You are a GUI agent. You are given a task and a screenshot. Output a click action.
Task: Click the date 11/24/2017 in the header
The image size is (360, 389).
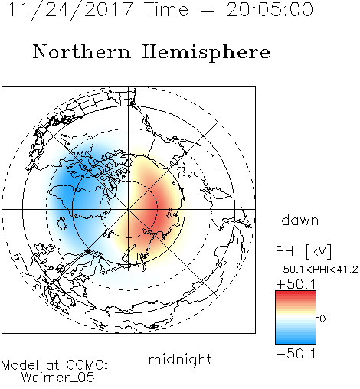[x=70, y=10]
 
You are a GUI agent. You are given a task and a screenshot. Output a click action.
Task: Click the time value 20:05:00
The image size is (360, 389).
[x=270, y=9]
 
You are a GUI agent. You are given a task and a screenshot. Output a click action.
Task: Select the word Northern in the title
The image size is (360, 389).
[x=82, y=51]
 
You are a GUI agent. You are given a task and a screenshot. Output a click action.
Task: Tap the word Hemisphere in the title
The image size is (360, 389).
[x=206, y=53]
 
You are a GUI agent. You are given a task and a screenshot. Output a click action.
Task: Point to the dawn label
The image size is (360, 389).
[x=299, y=220]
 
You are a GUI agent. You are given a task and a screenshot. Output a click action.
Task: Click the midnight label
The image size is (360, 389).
[x=180, y=359]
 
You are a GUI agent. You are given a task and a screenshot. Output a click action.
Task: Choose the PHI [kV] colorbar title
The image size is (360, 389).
[x=303, y=250]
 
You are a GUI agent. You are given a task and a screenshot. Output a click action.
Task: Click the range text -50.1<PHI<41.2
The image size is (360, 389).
[x=316, y=270]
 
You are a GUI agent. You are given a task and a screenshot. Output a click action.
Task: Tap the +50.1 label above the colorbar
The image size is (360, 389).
[x=296, y=284]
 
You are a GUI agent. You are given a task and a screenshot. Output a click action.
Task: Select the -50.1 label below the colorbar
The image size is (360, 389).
[x=296, y=354]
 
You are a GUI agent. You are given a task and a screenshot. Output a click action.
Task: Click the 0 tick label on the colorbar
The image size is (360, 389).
[x=322, y=319]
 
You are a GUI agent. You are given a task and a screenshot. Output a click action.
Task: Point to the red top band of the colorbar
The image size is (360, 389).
[x=296, y=293]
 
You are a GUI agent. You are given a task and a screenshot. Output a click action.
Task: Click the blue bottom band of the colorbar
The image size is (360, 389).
[x=296, y=341]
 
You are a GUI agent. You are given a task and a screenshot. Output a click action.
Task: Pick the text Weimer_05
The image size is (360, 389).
[x=57, y=377]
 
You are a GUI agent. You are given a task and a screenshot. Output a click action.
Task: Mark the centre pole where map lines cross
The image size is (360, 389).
[x=129, y=209]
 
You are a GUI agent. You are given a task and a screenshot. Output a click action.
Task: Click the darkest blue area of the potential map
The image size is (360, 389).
[x=67, y=189]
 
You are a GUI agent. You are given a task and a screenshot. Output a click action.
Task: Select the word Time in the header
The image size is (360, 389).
[x=166, y=9]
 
